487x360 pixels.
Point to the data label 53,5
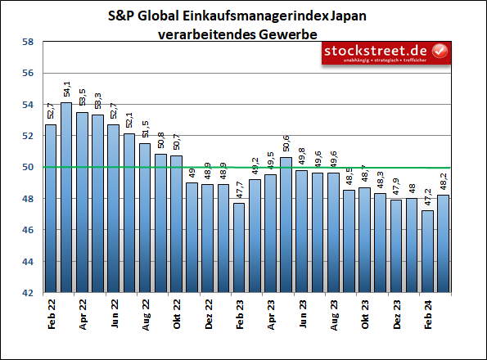coord(82,98)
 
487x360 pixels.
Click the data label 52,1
coord(129,120)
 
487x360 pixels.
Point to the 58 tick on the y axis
coord(27,42)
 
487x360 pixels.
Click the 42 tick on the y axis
coord(27,292)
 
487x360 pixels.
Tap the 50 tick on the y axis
coord(27,167)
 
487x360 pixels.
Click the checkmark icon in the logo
coord(440,51)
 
